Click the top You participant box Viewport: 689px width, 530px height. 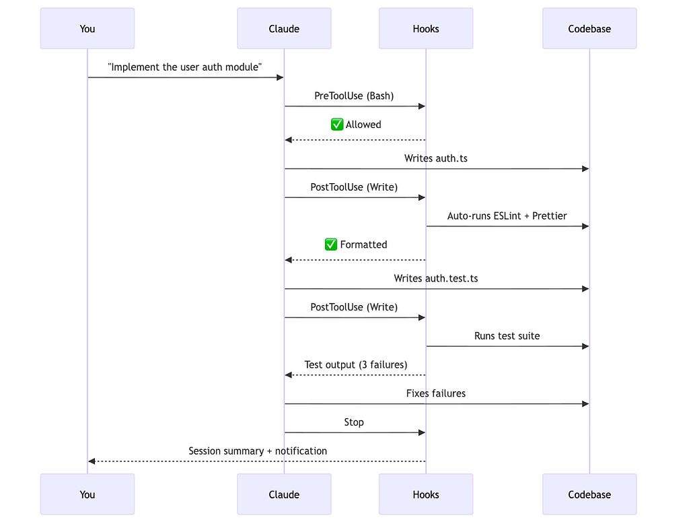[87, 28]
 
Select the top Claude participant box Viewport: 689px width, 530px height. [284, 28]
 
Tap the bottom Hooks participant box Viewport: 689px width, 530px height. [426, 494]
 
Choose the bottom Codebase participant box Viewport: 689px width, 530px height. [589, 494]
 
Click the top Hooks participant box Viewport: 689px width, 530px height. [426, 28]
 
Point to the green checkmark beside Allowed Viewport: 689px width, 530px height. [337, 125]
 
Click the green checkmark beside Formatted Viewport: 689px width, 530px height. [331, 244]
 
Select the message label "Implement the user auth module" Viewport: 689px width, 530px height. [184, 67]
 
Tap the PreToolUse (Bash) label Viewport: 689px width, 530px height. [354, 96]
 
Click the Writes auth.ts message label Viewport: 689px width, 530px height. [436, 158]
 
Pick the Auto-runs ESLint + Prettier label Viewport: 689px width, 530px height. [507, 216]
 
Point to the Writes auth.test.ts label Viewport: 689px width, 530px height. [436, 278]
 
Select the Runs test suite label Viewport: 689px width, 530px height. [507, 336]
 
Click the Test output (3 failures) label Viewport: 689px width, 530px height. [355, 364]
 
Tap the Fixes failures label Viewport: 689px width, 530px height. [436, 393]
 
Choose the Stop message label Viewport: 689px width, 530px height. [354, 422]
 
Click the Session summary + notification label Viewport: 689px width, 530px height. [258, 451]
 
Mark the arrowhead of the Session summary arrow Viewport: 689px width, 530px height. [92, 461]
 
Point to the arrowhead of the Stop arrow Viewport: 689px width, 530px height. [422, 432]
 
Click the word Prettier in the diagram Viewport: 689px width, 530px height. [549, 216]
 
